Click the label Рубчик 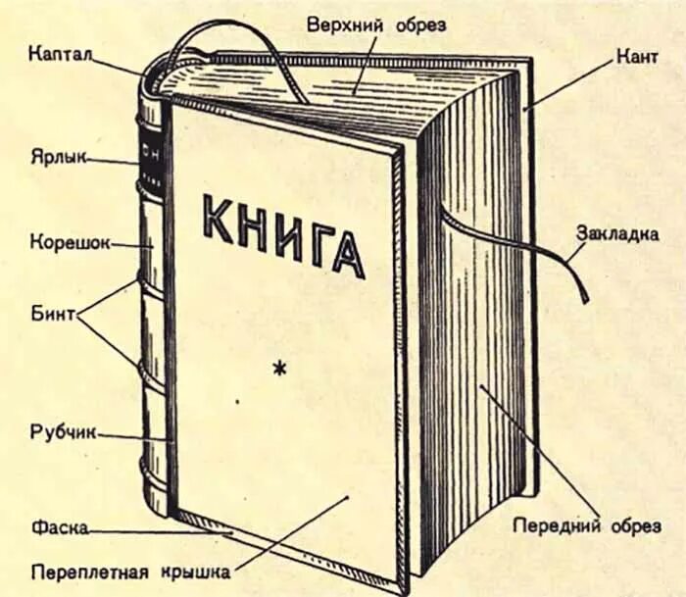coord(61,432)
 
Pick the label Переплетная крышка coord(129,571)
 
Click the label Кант coord(637,58)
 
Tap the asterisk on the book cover coord(281,369)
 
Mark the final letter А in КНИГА coord(347,254)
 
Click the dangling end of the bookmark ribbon coord(582,292)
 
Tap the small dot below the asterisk coord(236,402)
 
